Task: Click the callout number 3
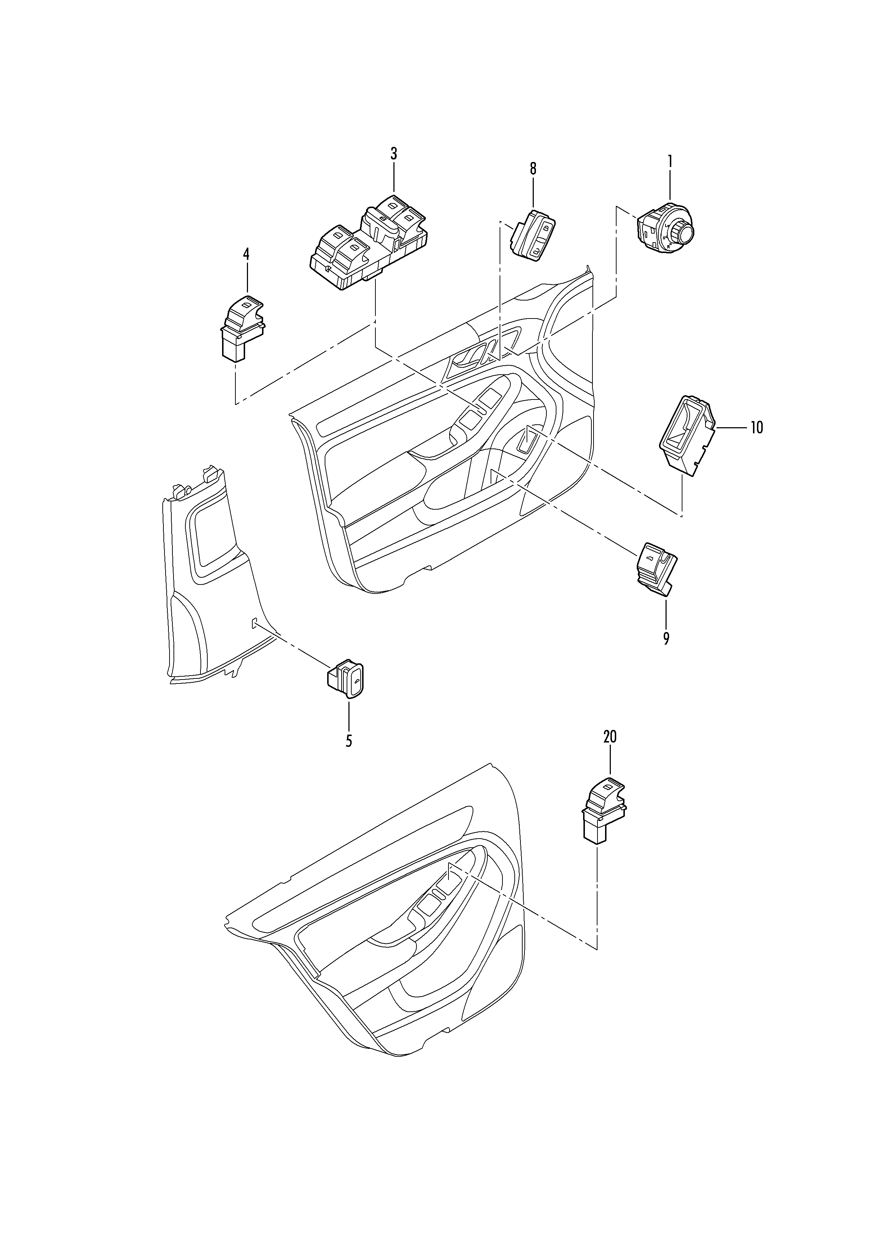pyautogui.click(x=393, y=154)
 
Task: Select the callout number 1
pyautogui.click(x=670, y=161)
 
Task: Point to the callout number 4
pyautogui.click(x=246, y=254)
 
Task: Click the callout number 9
pyautogui.click(x=666, y=638)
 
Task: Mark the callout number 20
pyautogui.click(x=610, y=737)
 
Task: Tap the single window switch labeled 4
pyautogui.click(x=242, y=328)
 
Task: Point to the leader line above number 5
pyautogui.click(x=348, y=714)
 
